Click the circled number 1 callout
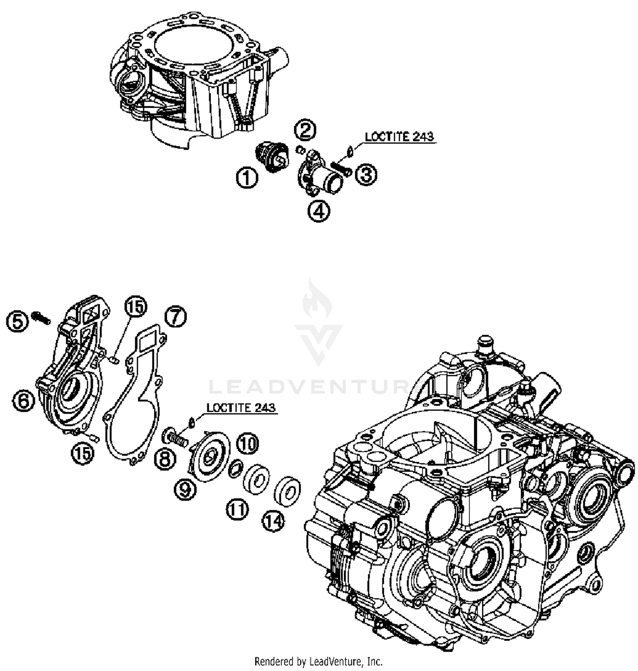tap(247, 177)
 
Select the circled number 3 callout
tap(366, 174)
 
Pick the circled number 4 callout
tap(319, 211)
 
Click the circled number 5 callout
tap(17, 321)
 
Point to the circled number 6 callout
tap(23, 400)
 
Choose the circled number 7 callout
tap(176, 317)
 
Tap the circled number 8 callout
tap(165, 459)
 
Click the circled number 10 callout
tap(247, 444)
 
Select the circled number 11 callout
tap(237, 509)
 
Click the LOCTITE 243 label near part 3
tap(399, 137)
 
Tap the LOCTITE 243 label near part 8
tap(241, 407)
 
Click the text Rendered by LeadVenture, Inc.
tap(318, 662)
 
